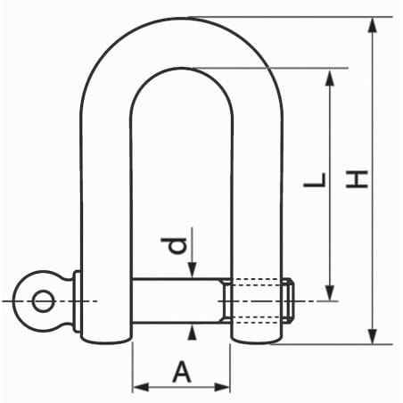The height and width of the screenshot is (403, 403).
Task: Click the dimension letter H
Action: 357,179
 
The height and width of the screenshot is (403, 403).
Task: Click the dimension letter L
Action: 315,180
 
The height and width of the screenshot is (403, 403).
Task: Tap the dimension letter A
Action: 182,371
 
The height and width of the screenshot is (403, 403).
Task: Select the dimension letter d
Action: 174,246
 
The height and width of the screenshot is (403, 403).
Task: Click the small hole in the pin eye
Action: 44,301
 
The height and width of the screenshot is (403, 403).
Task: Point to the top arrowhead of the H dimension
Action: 373,25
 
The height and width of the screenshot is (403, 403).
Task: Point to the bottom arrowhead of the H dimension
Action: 373,336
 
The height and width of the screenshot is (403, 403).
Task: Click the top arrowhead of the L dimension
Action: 330,78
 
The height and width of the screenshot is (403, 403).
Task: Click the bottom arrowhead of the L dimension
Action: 330,293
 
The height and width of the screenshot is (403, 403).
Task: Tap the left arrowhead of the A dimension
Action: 141,388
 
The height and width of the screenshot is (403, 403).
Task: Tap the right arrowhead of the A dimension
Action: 222,388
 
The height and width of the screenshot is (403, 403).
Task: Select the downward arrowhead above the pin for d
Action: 193,270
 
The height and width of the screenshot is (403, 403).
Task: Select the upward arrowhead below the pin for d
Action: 193,333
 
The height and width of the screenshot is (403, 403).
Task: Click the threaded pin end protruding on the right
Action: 289,300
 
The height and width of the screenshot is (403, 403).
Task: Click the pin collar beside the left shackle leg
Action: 77,301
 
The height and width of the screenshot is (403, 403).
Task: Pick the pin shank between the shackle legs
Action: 177,300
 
